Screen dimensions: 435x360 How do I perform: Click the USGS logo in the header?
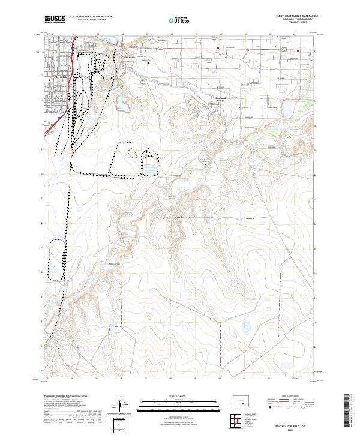click(x=55, y=19)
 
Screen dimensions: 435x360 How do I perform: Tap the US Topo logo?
click(x=174, y=20)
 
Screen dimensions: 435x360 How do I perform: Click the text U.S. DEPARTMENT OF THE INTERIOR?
click(x=91, y=16)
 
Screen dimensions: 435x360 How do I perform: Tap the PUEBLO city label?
click(x=61, y=77)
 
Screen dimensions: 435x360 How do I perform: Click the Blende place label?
click(x=161, y=41)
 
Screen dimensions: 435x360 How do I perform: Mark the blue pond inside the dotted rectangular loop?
click(x=149, y=169)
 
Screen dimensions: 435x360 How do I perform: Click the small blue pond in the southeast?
click(x=246, y=328)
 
